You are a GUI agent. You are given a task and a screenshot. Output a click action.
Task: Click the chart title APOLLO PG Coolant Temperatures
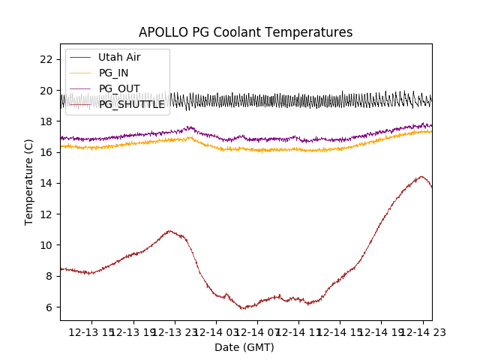[245, 32]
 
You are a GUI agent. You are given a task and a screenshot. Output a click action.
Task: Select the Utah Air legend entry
[119, 57]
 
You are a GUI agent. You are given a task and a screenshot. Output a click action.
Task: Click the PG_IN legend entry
[114, 73]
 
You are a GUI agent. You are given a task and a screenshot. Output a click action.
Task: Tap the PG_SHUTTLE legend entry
[132, 104]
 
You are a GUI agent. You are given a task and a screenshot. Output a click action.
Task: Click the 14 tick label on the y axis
[46, 183]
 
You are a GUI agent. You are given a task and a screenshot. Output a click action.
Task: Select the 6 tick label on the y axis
[49, 307]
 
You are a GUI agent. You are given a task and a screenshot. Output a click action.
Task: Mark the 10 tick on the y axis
[46, 245]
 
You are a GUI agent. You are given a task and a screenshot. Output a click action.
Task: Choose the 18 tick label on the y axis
[46, 121]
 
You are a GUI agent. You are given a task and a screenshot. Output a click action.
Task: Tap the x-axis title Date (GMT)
[244, 347]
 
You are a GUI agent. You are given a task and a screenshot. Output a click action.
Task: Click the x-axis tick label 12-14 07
[257, 331]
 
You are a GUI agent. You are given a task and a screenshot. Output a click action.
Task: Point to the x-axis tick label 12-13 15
[92, 331]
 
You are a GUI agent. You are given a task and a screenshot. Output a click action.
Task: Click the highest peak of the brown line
[421, 176]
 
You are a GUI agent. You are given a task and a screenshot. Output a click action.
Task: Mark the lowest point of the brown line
[242, 308]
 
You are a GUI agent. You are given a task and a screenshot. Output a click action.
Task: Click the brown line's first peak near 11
[169, 231]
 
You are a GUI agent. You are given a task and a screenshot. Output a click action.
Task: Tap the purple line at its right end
[431, 125]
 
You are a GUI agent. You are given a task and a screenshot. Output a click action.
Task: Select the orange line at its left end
[61, 145]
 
